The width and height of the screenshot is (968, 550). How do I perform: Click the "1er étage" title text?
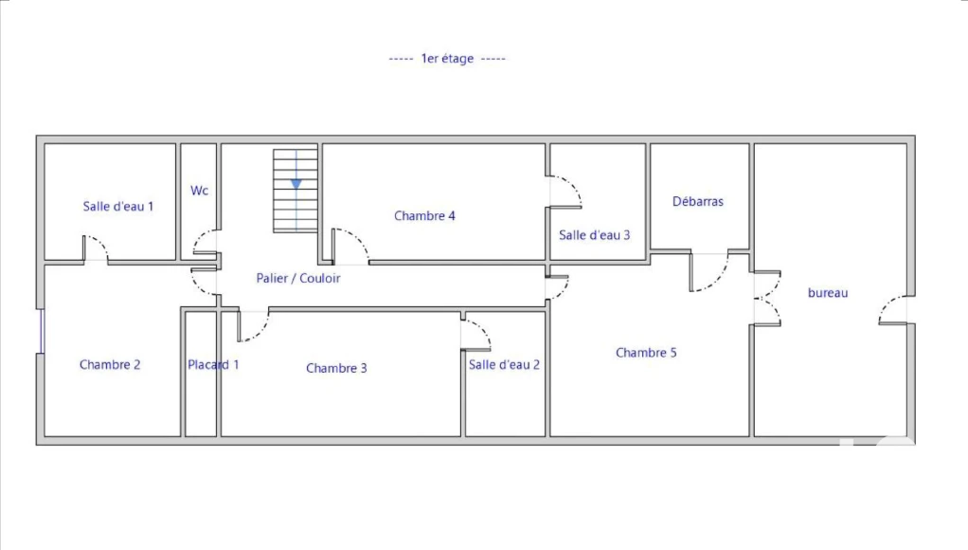point(447,59)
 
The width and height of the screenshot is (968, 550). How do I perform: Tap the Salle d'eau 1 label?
point(117,207)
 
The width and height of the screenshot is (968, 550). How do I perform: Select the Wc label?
point(199,191)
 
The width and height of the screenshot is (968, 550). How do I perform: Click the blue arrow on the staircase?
point(296,184)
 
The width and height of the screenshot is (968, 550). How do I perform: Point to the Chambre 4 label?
point(424,215)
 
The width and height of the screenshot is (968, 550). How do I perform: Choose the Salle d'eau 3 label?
point(595,235)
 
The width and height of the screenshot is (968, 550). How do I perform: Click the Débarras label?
point(698,201)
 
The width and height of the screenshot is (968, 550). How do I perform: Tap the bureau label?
point(828,293)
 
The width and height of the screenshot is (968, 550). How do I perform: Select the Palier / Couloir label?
point(298,279)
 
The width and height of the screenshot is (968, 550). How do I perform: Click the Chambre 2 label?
point(110,364)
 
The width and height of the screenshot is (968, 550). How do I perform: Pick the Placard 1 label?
point(213,364)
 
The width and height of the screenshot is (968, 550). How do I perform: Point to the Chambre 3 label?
point(336,368)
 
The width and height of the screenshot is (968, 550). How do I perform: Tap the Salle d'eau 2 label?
point(505,364)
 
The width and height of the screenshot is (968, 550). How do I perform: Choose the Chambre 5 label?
point(646,353)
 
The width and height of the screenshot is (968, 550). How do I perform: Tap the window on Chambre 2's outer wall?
point(42,331)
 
